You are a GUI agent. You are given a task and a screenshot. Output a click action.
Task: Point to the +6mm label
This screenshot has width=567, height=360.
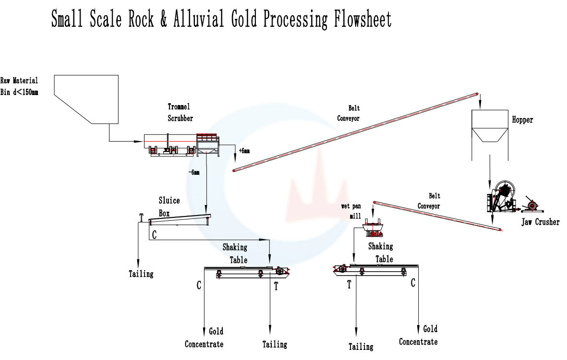[244, 151]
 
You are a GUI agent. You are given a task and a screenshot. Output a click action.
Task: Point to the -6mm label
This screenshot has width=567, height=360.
[194, 172]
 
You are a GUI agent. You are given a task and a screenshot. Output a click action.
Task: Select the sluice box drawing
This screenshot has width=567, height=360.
[180, 219]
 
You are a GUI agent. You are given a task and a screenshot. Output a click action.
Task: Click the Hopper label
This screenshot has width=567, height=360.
[522, 120]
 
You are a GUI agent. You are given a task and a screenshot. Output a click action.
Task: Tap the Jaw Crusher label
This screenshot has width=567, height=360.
[541, 222]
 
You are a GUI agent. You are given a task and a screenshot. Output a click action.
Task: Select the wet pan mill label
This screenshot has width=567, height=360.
[351, 211]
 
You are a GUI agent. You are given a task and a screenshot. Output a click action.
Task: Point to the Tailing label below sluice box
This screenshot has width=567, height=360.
[141, 274]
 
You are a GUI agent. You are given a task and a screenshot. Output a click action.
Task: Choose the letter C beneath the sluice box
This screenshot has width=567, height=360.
[154, 235]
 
